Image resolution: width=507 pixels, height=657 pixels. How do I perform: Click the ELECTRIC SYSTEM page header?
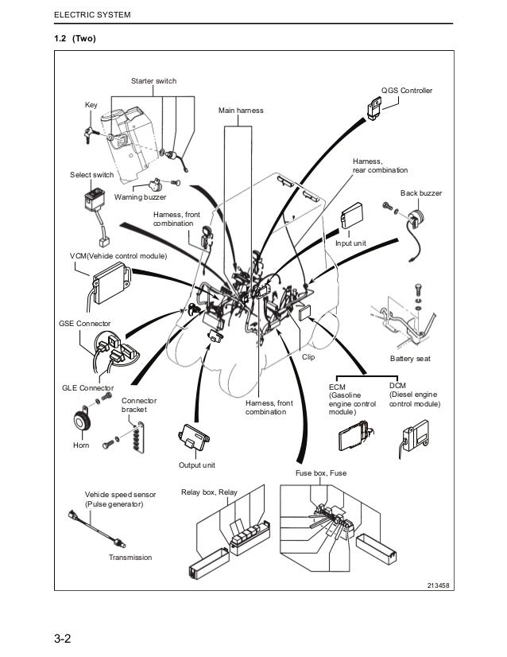(91, 16)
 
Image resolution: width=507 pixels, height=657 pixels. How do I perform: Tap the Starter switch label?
(153, 82)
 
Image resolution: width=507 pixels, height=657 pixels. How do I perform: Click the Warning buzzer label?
(141, 197)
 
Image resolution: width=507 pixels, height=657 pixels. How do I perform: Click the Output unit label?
(197, 465)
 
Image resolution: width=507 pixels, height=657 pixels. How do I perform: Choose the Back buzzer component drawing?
(415, 218)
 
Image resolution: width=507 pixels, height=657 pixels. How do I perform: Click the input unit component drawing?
(352, 217)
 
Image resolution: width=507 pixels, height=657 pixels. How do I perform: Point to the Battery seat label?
(410, 359)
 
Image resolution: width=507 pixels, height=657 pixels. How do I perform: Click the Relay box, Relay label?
(209, 493)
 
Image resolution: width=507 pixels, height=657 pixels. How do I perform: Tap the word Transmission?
(130, 558)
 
